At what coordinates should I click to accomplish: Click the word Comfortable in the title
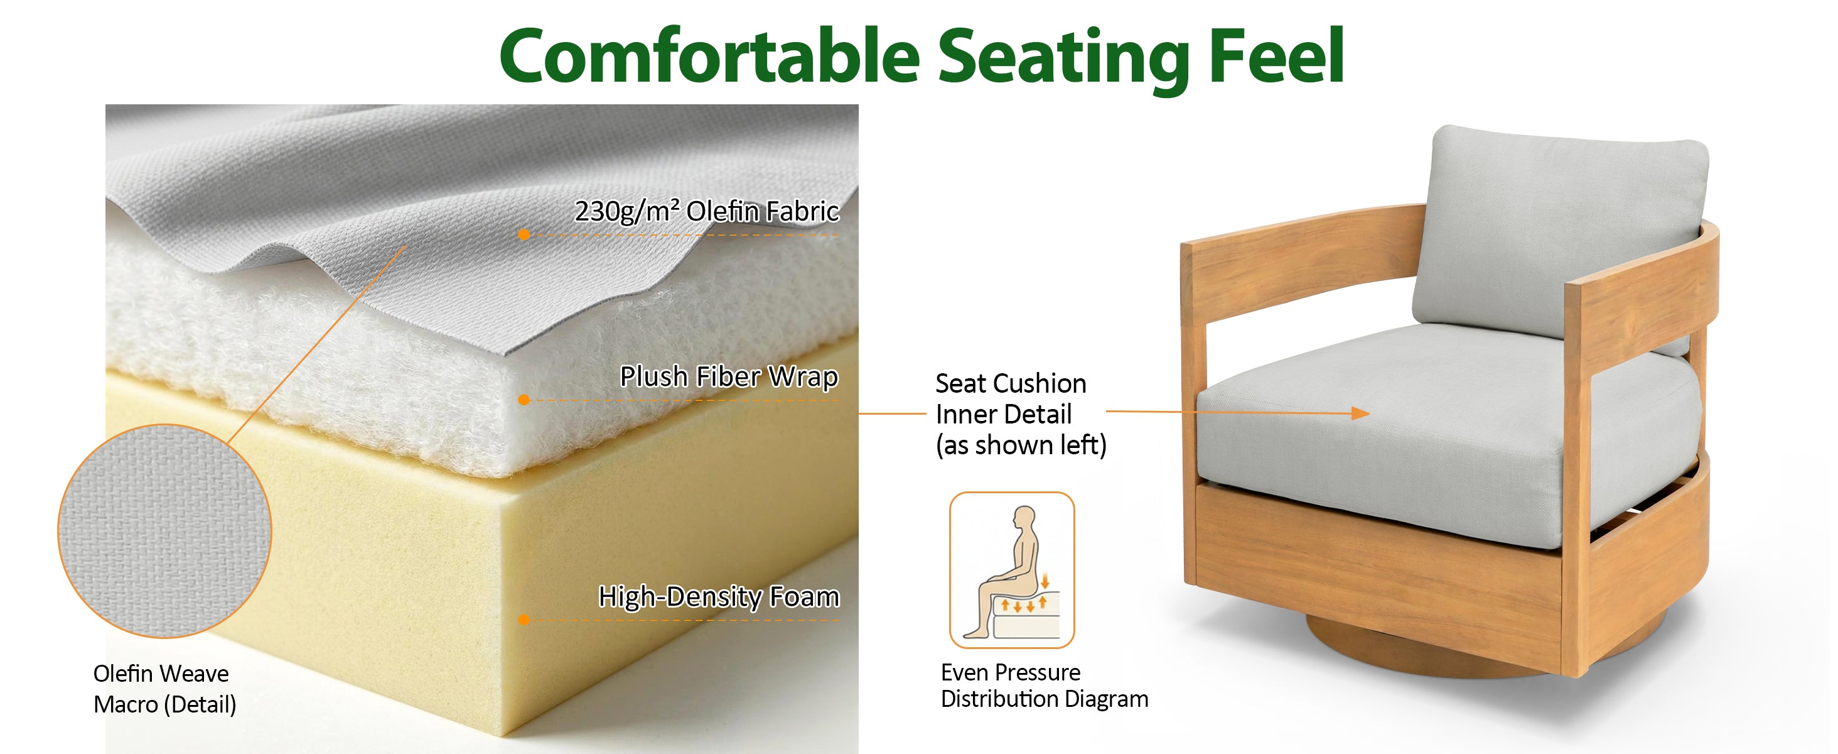[709, 56]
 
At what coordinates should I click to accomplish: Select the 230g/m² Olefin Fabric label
[707, 211]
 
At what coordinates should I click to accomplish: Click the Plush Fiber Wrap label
[729, 376]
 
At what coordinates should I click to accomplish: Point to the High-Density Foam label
[719, 596]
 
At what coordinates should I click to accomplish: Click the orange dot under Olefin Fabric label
[524, 234]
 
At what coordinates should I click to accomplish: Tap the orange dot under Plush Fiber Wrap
[524, 400]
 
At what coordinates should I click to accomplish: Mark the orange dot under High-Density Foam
[524, 620]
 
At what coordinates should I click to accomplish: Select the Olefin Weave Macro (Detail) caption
[165, 689]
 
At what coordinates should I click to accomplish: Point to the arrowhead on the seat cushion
[1361, 413]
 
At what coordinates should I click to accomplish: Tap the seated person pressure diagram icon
[1012, 570]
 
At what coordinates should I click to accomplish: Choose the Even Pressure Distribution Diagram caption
[1045, 686]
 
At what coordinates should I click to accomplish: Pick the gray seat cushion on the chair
[1448, 435]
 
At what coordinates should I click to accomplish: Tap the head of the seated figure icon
[1025, 517]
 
